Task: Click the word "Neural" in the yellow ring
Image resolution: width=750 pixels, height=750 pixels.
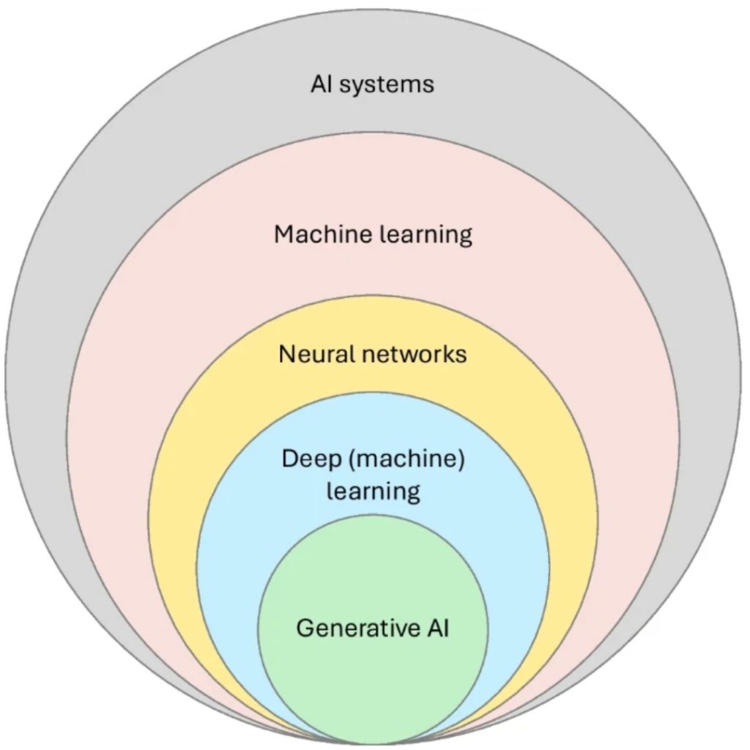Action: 318,354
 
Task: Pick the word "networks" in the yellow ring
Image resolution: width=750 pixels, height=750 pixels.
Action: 415,354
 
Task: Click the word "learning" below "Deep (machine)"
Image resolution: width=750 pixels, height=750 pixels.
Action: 373,491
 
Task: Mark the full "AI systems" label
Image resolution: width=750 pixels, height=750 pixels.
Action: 372,84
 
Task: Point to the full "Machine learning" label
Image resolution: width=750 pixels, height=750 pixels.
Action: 373,235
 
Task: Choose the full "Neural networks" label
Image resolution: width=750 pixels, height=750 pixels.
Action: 372,354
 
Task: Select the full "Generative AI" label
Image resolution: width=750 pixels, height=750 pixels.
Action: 373,628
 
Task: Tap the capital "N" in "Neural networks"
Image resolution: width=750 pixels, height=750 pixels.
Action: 286,354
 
